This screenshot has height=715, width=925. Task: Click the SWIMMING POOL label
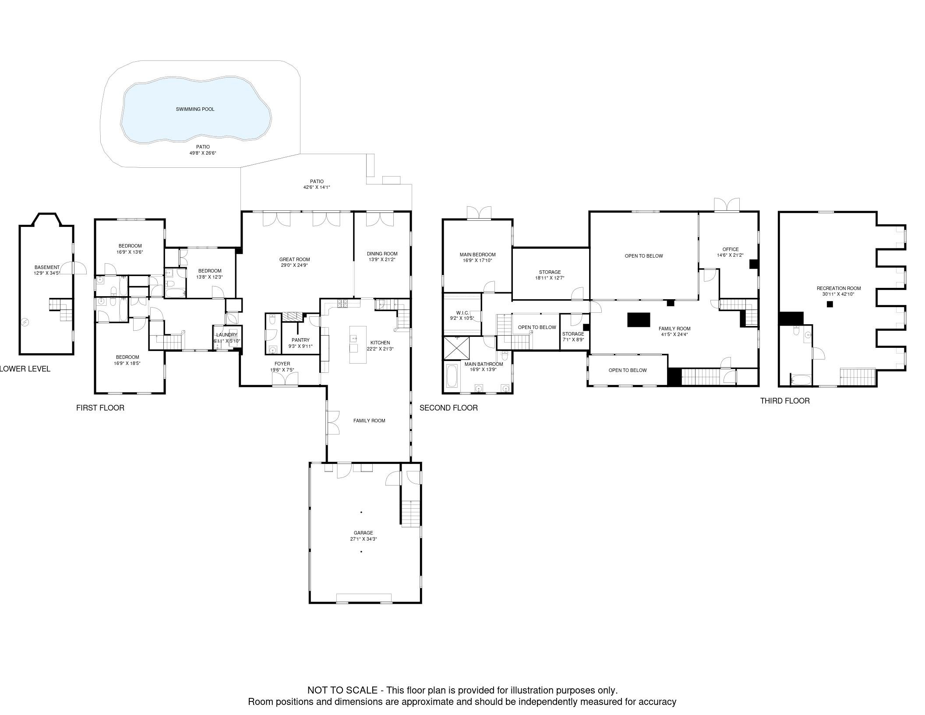click(195, 109)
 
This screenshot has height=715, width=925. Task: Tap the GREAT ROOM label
click(294, 259)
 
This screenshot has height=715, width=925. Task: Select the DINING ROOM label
click(382, 254)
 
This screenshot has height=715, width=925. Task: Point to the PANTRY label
click(300, 340)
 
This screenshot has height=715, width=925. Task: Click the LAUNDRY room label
click(226, 335)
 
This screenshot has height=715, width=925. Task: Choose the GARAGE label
click(364, 533)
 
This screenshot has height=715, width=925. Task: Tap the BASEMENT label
click(47, 267)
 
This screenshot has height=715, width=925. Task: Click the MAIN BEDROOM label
click(477, 255)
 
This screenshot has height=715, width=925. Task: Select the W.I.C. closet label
click(462, 313)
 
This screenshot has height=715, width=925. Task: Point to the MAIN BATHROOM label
click(484, 364)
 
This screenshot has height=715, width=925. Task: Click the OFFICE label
click(730, 249)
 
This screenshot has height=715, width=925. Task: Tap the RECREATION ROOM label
click(838, 288)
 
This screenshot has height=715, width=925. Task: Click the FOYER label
click(282, 364)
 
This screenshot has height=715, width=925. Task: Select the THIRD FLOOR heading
click(785, 401)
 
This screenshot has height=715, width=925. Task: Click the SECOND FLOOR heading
click(448, 408)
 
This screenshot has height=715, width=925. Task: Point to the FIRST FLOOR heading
click(100, 408)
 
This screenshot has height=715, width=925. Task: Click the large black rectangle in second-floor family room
click(639, 320)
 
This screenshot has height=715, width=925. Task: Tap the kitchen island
click(357, 344)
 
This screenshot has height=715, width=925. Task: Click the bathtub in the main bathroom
click(452, 376)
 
